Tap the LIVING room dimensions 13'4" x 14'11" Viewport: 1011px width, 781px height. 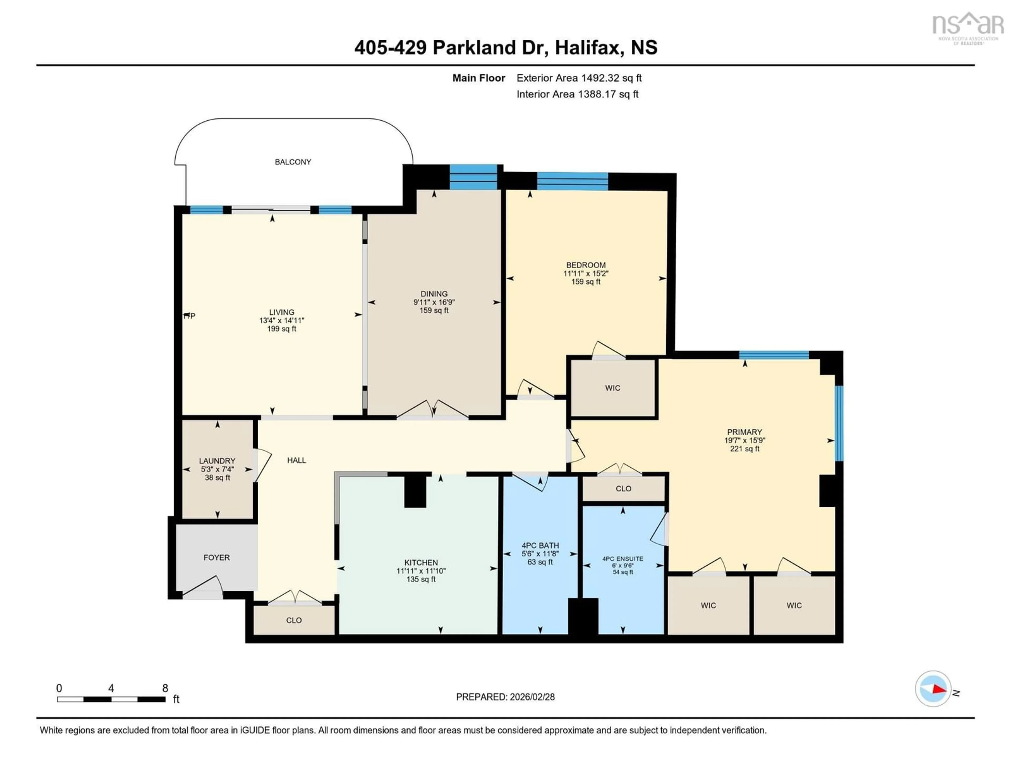coord(281,320)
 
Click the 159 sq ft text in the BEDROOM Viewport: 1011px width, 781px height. coord(586,281)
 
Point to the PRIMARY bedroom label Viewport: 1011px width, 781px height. coord(744,432)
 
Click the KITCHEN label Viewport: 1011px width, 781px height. coord(421,562)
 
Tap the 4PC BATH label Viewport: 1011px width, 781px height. coord(540,545)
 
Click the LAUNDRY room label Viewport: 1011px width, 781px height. coord(217,461)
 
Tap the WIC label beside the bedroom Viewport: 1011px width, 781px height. coord(612,388)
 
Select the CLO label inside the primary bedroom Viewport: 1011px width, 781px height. coord(623,488)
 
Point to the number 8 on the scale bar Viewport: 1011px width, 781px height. coord(165,688)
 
